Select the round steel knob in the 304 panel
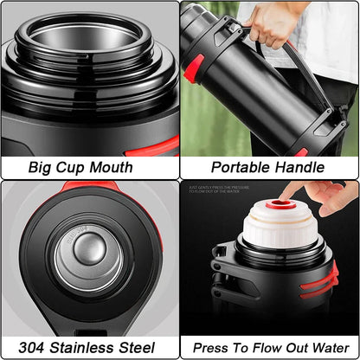89,248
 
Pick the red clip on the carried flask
193,69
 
